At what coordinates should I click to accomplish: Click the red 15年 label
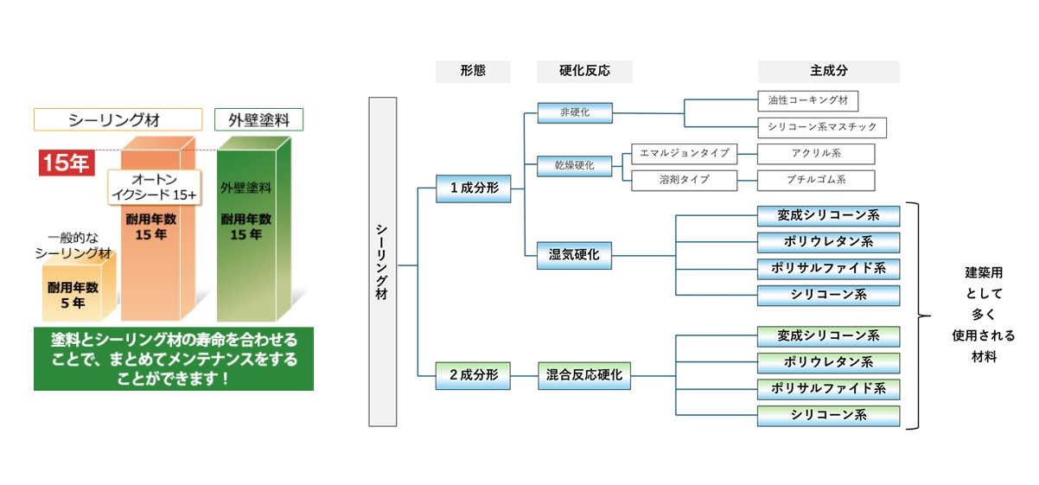coord(67,162)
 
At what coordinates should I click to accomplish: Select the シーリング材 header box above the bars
coord(118,119)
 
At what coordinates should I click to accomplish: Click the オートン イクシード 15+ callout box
coord(154,187)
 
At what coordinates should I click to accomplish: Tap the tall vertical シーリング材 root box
coord(382,262)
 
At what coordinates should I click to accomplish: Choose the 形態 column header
coord(473,71)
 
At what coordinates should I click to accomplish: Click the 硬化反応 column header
coord(584,71)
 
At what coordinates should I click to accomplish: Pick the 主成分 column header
coord(828,71)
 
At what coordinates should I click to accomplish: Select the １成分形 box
coord(473,188)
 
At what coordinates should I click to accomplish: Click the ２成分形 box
coord(473,375)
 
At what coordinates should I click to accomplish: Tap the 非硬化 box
coord(574,112)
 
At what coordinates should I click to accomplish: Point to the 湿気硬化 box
coord(574,255)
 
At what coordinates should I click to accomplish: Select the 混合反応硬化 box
coord(584,375)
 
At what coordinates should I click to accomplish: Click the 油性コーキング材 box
coord(807,100)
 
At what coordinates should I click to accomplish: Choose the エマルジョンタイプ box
coord(684,154)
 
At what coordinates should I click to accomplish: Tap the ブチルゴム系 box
coord(815,180)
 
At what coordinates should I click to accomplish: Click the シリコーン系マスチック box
coord(822,127)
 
